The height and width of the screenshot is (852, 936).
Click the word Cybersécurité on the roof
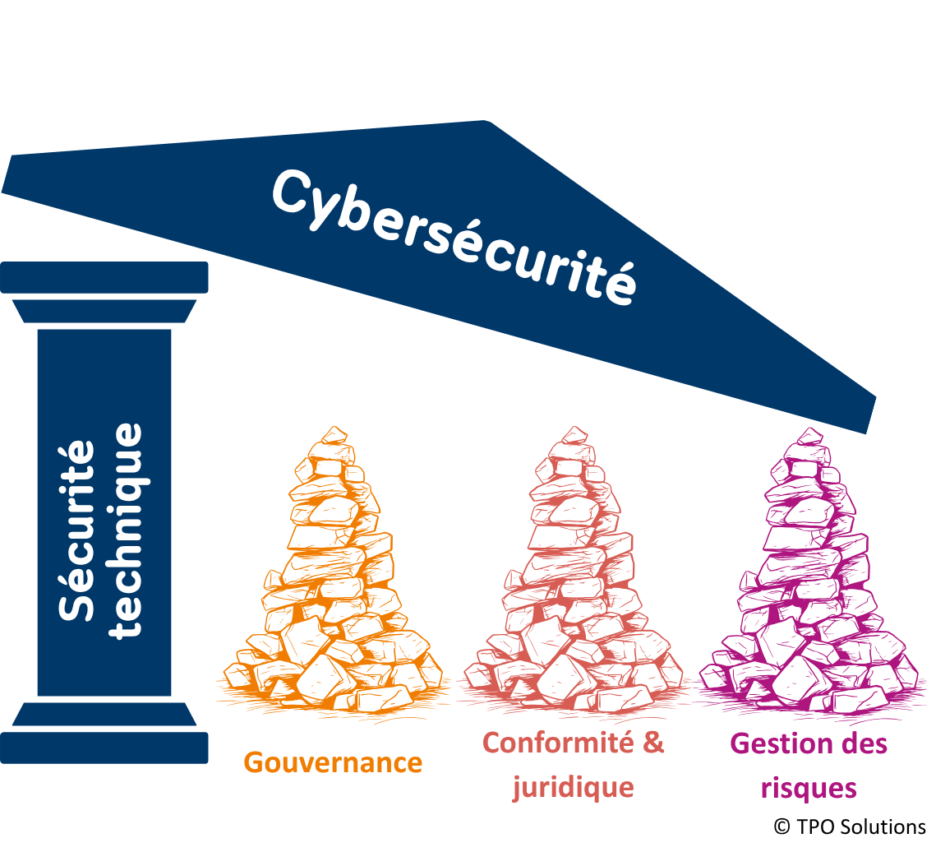454,237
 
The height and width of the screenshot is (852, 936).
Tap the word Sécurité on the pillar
76,530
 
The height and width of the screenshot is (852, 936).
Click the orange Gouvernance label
333,762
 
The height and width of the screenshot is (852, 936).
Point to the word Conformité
558,743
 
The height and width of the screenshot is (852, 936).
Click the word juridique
573,788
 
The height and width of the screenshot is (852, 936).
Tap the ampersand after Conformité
653,743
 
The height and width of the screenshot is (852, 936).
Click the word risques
809,789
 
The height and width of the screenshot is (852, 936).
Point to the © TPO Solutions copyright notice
850,827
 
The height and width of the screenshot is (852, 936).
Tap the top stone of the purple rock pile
809,437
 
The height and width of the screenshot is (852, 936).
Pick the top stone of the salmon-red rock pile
574,435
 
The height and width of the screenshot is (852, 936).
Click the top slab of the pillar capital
104,277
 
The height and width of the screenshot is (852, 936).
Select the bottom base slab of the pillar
104,748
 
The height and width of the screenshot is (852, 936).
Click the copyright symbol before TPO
782,827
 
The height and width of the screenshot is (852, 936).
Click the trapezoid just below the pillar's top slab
104,311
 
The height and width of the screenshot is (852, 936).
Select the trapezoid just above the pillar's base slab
104,715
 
